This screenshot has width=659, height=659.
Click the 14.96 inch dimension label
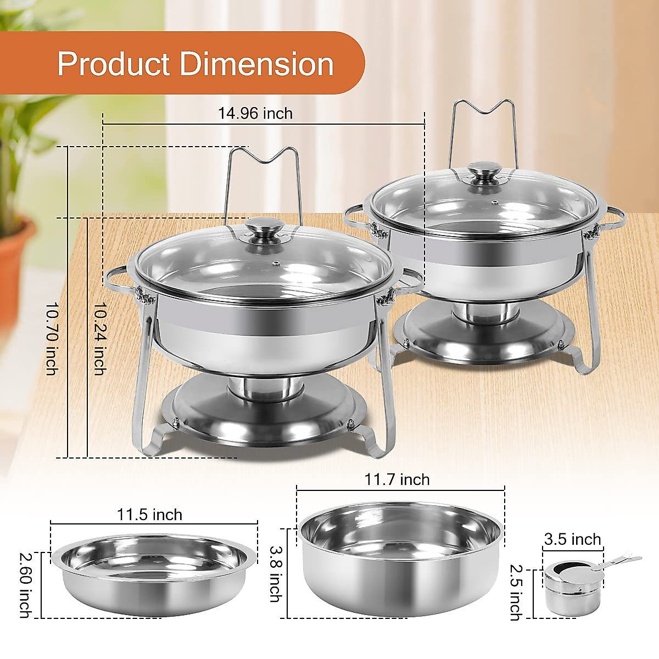click(255, 114)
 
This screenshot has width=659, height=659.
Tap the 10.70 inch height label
click(52, 338)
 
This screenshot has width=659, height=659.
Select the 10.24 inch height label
click(99, 338)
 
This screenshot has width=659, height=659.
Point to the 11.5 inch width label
click(149, 515)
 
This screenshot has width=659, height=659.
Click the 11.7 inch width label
click(397, 479)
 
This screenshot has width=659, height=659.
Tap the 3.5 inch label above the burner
click(572, 539)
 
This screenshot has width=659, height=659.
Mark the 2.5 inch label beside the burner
click(515, 592)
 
